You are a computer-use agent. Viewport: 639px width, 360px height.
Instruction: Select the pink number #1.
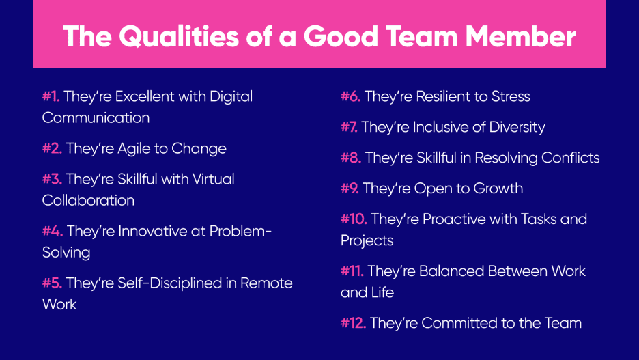[x=51, y=96]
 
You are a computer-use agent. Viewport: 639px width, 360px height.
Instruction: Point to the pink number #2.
[x=52, y=148]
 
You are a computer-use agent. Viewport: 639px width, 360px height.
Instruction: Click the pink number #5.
[x=52, y=283]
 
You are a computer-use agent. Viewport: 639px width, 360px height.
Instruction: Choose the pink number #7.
[x=349, y=127]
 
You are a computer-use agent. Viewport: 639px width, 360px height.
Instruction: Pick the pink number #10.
[x=354, y=219]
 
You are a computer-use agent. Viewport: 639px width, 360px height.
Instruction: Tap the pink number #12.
[x=353, y=323]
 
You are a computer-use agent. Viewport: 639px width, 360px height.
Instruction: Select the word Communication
[x=96, y=117]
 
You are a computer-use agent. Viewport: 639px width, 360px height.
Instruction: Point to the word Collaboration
[x=88, y=200]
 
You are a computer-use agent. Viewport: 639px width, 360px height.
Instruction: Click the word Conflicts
[x=571, y=158]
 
